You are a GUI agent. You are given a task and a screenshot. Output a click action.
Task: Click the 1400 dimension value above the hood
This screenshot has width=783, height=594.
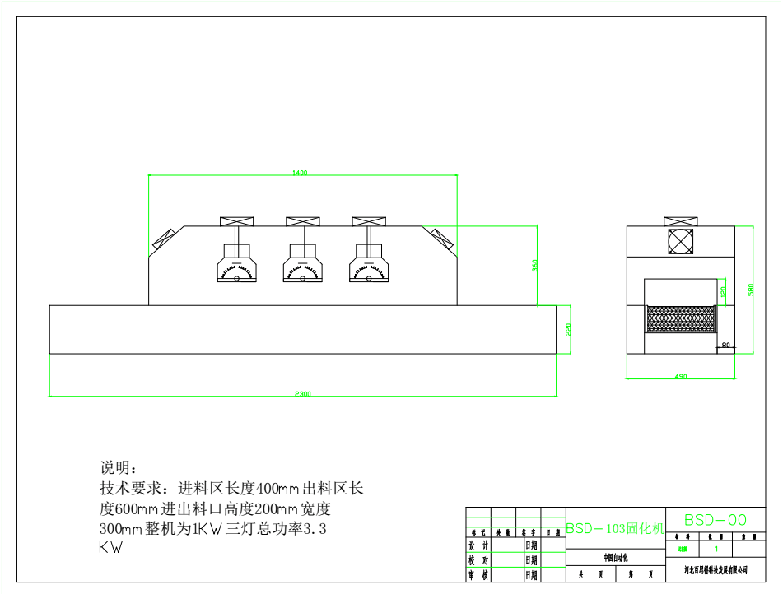click(x=300, y=173)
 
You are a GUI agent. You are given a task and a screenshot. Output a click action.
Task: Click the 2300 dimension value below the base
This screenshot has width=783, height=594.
click(x=303, y=394)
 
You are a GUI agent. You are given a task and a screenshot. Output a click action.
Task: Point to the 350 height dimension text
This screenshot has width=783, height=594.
click(x=534, y=267)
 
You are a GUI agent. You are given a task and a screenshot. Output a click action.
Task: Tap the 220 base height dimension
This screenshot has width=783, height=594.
click(x=568, y=330)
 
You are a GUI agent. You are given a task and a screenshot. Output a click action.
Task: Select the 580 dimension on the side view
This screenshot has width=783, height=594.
click(x=750, y=290)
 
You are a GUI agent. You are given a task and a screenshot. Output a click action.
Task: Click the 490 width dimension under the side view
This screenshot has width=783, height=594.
click(x=681, y=377)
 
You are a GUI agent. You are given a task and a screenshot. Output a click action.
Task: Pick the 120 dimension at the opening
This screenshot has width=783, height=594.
click(x=723, y=290)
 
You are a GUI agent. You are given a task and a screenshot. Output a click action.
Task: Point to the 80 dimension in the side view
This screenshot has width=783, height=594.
click(x=725, y=346)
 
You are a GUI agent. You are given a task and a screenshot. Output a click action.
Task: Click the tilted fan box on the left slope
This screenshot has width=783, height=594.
click(x=164, y=239)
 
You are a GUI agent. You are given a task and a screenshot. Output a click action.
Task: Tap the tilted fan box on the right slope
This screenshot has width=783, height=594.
click(x=442, y=239)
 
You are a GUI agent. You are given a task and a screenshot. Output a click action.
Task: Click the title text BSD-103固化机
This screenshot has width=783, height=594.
click(x=614, y=529)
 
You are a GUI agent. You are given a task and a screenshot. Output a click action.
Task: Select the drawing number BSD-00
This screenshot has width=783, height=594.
click(x=715, y=520)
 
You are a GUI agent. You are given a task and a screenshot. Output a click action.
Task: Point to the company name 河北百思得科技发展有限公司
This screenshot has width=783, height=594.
click(x=715, y=569)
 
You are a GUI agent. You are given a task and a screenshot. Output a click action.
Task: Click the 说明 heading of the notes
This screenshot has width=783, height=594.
click(x=115, y=468)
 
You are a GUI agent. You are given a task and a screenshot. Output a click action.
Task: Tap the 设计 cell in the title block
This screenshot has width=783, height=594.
click(x=478, y=545)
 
